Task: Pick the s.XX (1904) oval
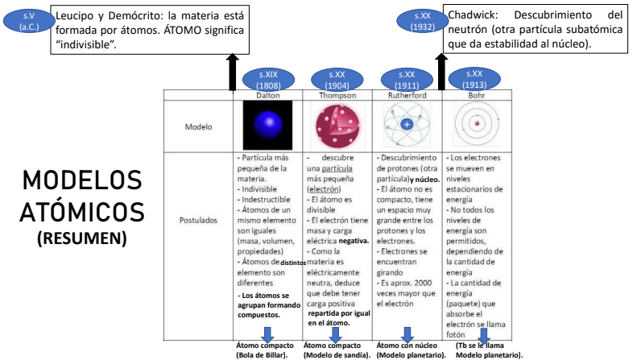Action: click(x=337, y=79)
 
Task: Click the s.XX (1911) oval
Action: click(x=407, y=79)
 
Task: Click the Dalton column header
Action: click(x=268, y=94)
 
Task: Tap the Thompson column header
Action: click(x=337, y=94)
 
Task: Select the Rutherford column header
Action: click(x=407, y=94)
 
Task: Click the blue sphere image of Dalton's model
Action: click(x=267, y=125)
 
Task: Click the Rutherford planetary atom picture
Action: click(x=407, y=125)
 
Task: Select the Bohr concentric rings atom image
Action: click(x=477, y=125)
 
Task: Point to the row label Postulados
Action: click(x=197, y=219)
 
